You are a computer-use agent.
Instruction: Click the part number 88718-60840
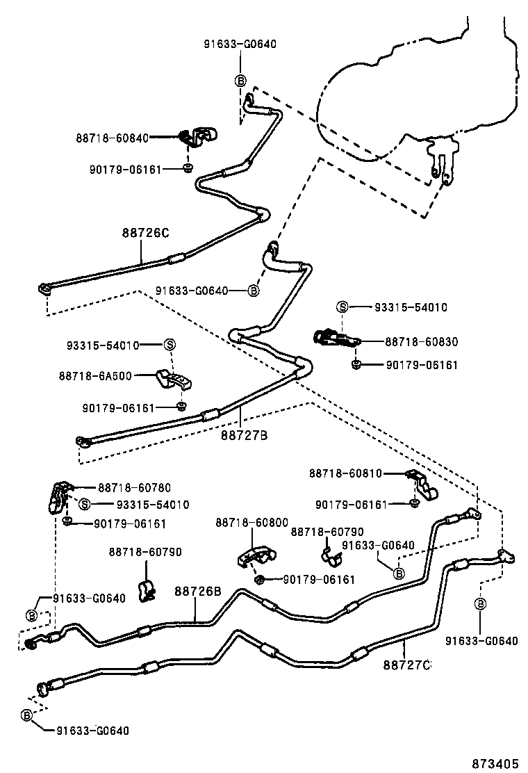tap(113, 138)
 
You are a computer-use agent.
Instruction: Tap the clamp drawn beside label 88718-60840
tap(199, 136)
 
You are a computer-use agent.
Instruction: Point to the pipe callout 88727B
tap(245, 436)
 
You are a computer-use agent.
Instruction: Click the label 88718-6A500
tap(94, 375)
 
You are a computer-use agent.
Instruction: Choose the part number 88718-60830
tap(422, 342)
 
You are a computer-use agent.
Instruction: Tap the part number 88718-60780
tap(134, 488)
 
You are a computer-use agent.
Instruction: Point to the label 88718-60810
tap(345, 473)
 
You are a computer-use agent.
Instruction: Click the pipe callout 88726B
tap(197, 592)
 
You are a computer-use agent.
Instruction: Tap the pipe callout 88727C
tap(407, 665)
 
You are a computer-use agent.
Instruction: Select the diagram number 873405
tap(495, 763)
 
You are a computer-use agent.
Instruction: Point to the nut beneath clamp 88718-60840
tap(188, 168)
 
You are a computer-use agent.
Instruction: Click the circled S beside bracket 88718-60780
tap(84, 505)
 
